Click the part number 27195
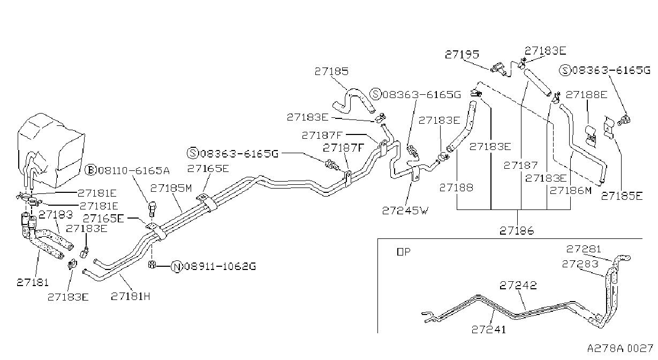pos(462,54)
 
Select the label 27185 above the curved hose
pos(331,71)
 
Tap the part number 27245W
pos(405,211)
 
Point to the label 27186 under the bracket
pos(517,231)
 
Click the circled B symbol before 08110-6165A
pos(91,170)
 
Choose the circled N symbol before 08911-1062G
pos(177,267)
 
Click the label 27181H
pos(131,296)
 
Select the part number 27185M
pos(171,188)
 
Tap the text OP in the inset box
pos(403,252)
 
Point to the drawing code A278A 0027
pos(620,348)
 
